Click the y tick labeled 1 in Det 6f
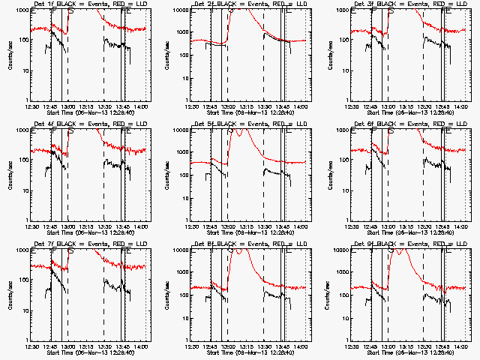[x=346, y=220]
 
